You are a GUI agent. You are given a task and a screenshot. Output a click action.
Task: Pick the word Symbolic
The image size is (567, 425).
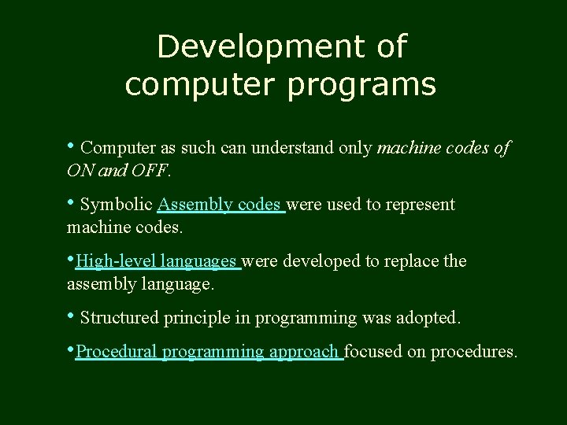tap(117, 205)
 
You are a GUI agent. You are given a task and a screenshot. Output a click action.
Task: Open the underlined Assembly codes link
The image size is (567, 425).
tap(220, 205)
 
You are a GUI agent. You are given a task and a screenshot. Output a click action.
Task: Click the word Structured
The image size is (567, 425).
tap(120, 318)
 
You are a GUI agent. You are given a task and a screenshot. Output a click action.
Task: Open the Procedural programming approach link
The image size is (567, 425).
tap(208, 352)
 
